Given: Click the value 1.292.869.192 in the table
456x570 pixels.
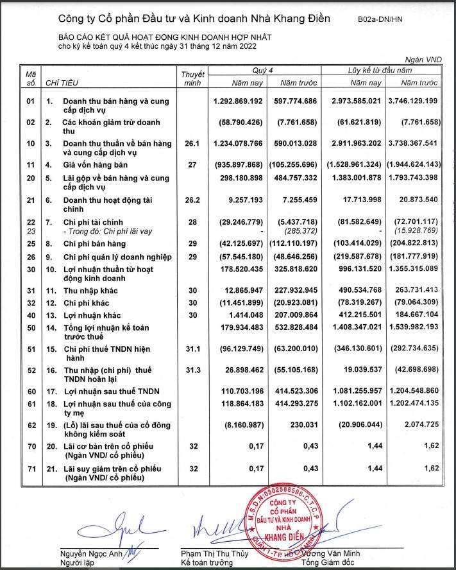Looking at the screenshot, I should point(237,101).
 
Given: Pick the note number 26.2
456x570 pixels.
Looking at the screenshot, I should point(187,201).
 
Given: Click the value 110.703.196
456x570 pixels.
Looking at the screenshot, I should point(237,392).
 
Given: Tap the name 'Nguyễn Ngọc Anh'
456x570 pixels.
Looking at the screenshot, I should point(90,553).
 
